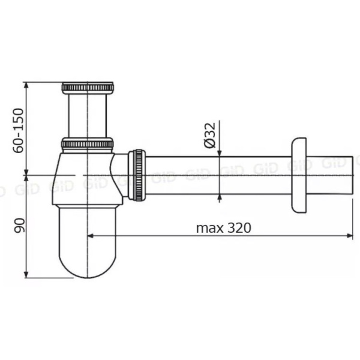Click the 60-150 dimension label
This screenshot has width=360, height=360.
tap(19, 130)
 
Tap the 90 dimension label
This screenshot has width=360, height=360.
tap(19, 226)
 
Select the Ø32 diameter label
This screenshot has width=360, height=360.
tap(210, 135)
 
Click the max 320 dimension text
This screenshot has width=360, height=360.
tap(224, 228)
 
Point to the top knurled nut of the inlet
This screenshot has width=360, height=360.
tap(88, 87)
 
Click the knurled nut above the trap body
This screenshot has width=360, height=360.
tap(87, 144)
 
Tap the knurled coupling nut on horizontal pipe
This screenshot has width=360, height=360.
tap(137, 175)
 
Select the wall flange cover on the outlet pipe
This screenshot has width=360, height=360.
tap(299, 175)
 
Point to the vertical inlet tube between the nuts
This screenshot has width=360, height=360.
tap(87, 116)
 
